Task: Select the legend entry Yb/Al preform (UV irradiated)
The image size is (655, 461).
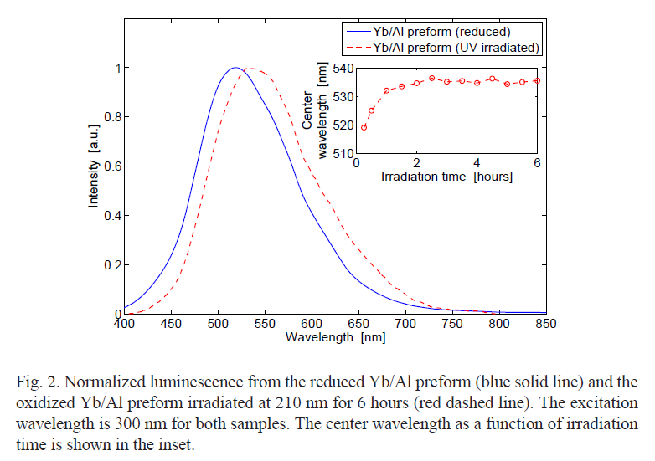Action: [x=456, y=48]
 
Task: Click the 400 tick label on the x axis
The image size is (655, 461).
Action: [x=123, y=324]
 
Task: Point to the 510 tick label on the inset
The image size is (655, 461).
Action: [x=343, y=155]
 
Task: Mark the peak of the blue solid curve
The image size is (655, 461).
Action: [x=236, y=68]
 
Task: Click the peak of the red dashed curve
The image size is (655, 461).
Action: [x=252, y=69]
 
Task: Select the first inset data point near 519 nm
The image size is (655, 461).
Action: [x=364, y=127]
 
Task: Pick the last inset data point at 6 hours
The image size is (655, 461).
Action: [x=537, y=80]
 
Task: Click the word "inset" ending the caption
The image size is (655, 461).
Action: [x=176, y=444]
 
